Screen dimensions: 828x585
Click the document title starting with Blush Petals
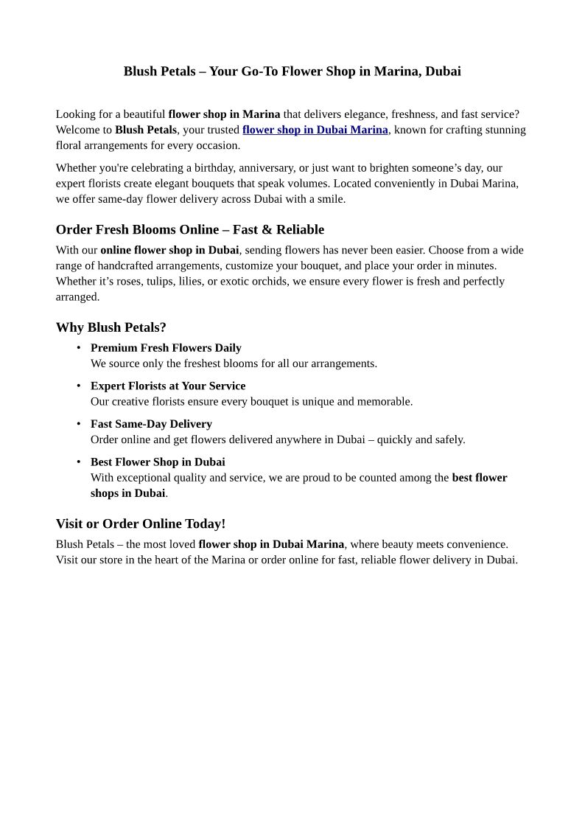(x=292, y=72)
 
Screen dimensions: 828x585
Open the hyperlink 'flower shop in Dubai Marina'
(x=315, y=130)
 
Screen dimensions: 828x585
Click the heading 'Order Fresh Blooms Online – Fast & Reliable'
(x=190, y=229)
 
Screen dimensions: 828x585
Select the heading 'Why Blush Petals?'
(x=111, y=327)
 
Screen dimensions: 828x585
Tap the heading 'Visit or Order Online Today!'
(x=141, y=523)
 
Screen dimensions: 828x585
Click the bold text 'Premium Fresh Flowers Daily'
(x=166, y=348)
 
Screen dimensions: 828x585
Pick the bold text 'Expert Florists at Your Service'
(x=168, y=386)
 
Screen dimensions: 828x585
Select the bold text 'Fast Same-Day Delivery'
(x=151, y=424)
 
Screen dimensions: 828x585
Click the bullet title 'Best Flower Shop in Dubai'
(x=158, y=462)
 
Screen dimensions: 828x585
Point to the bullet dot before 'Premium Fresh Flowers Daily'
(x=79, y=347)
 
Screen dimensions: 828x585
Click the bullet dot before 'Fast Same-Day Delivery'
(x=79, y=423)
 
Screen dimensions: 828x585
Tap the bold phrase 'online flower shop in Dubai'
(x=169, y=250)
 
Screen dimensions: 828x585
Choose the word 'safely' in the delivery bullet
(x=447, y=440)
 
